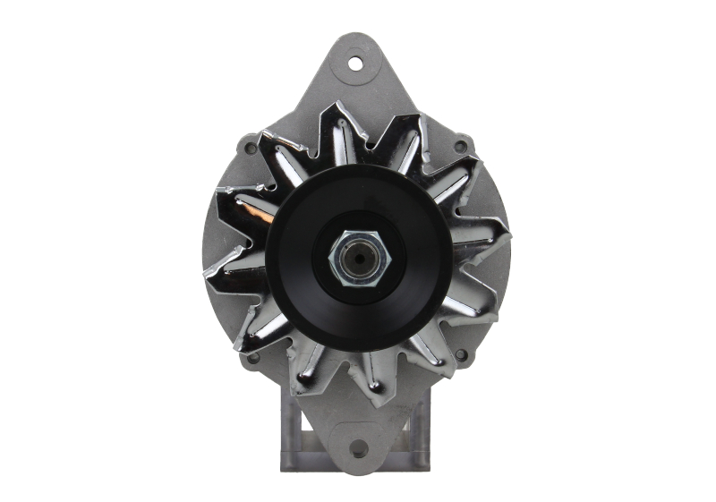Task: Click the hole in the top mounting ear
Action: tap(356, 63)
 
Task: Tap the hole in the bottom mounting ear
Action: tap(358, 448)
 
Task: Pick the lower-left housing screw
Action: tap(253, 357)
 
